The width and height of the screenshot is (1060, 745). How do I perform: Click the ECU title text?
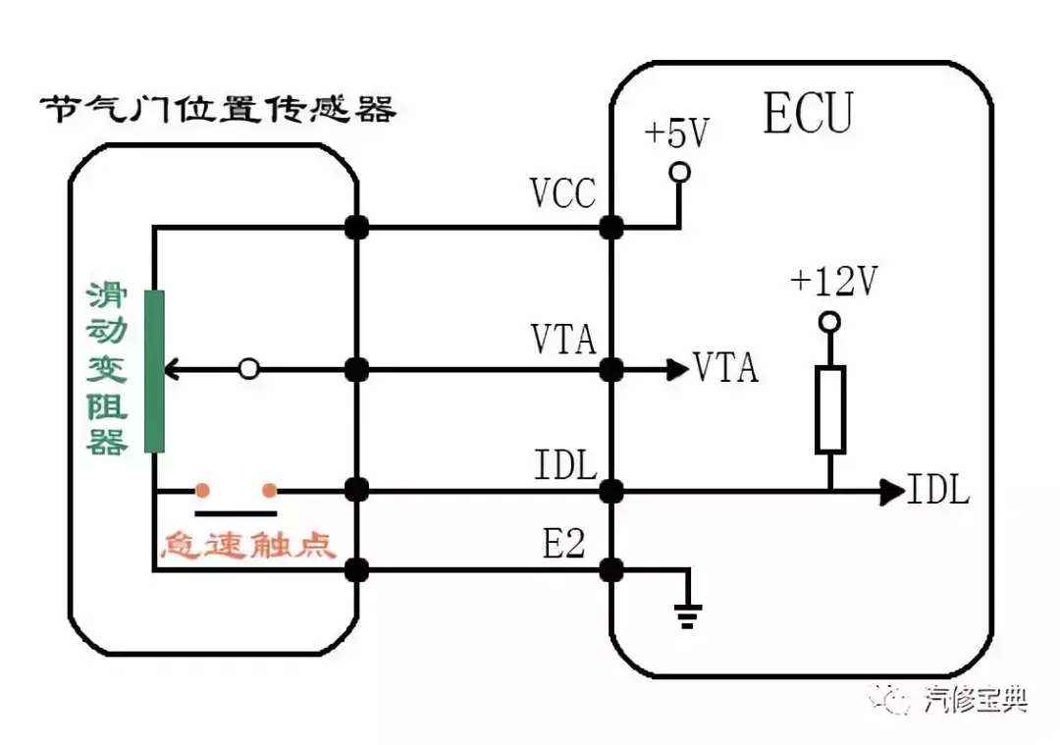tap(807, 114)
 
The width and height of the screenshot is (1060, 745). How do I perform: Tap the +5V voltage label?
tap(675, 135)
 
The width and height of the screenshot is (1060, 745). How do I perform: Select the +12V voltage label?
tap(832, 283)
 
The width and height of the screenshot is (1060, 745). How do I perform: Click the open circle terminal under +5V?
tap(678, 173)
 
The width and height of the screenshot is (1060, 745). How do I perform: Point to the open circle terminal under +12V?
tap(829, 322)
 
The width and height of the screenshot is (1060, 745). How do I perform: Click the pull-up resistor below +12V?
tap(829, 409)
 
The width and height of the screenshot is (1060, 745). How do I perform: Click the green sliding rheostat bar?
tap(154, 371)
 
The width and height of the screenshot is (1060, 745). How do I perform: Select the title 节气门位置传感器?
tap(218, 109)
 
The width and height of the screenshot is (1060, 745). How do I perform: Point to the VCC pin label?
tap(562, 194)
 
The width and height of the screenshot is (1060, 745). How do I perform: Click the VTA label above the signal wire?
tap(563, 340)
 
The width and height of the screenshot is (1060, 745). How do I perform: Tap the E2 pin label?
tap(563, 544)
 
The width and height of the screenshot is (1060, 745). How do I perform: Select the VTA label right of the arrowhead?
tap(726, 368)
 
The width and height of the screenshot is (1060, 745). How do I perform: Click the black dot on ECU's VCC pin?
tap(611, 228)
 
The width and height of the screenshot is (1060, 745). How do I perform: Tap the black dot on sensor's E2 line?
tap(356, 568)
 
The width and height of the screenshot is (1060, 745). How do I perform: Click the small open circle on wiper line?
tap(249, 369)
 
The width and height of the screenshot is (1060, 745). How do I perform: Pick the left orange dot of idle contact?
tap(201, 489)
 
